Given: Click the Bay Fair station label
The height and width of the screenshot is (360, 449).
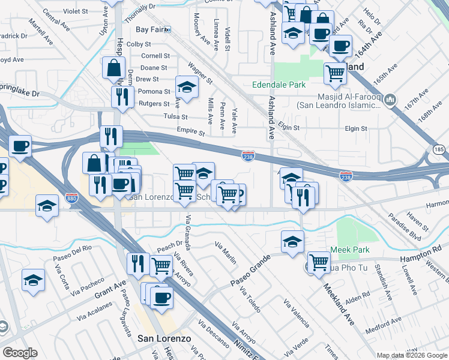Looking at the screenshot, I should (x=150, y=29).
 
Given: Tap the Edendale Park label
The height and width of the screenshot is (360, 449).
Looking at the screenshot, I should (x=279, y=85).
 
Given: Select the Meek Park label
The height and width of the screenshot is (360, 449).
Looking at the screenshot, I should (x=349, y=250).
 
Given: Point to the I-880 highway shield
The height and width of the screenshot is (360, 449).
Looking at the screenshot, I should (x=72, y=205).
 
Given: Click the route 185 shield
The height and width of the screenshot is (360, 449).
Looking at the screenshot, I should (x=439, y=148).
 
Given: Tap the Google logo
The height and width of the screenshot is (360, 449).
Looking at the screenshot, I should (x=19, y=353).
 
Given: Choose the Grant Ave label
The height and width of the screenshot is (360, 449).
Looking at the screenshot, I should (x=110, y=290).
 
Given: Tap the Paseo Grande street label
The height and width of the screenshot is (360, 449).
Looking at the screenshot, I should (x=250, y=271).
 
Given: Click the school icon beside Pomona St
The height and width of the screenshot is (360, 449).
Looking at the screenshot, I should (x=187, y=86).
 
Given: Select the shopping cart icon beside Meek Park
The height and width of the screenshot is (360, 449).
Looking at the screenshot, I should (x=319, y=261).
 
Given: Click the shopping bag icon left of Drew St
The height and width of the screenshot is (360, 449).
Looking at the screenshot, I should (x=113, y=68).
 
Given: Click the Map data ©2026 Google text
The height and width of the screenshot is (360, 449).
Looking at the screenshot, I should (x=411, y=355).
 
